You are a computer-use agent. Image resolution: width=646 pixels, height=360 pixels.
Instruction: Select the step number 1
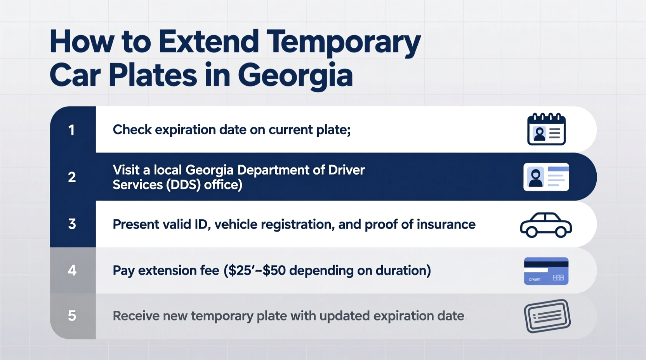(x=72, y=130)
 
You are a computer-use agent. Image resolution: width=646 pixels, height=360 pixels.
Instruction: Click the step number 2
(x=72, y=177)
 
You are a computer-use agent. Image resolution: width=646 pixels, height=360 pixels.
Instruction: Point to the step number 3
(x=72, y=224)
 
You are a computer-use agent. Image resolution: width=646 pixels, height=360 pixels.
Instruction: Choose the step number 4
(x=72, y=270)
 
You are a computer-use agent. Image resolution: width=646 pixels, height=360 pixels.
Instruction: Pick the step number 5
(x=72, y=316)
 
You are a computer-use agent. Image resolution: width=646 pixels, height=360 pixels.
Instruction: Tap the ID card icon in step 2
(x=546, y=177)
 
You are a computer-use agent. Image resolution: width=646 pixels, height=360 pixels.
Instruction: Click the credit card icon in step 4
(x=546, y=271)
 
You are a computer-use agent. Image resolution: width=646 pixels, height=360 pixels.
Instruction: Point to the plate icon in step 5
(x=547, y=316)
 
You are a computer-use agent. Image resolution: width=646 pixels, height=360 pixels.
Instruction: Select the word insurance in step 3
(x=446, y=224)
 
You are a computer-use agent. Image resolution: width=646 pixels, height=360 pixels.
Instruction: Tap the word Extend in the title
(x=208, y=42)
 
